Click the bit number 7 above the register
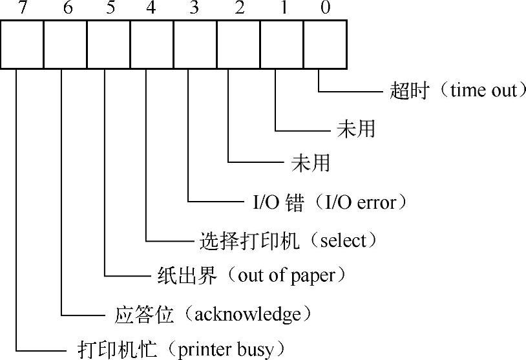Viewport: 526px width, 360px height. coord(23,8)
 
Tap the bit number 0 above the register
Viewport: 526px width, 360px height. coord(324,8)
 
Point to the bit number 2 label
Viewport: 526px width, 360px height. coord(238,8)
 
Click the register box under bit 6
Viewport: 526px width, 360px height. coord(65,43)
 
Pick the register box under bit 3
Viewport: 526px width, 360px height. coord(195,43)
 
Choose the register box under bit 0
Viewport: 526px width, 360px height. coord(325,43)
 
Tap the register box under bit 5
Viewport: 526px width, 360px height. coord(109,43)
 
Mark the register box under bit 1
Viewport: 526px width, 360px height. coord(282,43)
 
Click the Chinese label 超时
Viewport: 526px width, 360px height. coord(409,90)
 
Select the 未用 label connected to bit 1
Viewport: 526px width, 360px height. coord(355,129)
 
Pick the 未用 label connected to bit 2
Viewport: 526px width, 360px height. coord(311,163)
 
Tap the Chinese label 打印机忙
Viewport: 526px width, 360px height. coord(118,350)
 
